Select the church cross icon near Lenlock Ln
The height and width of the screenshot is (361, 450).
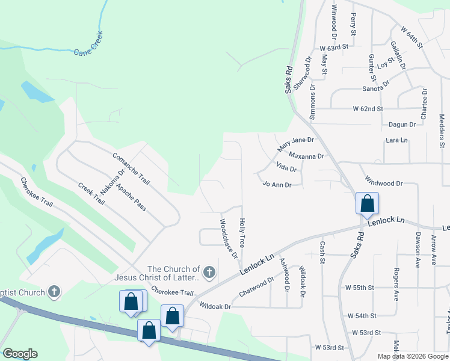coord(209,274)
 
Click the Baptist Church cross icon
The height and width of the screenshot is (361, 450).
coord(54,293)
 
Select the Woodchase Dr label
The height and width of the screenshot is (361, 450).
coord(228,239)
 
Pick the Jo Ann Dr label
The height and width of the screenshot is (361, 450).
coord(277,185)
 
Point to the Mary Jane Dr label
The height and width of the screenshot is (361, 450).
coord(296,144)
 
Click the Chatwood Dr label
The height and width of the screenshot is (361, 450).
coord(257,286)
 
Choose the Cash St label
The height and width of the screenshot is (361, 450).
coord(322,253)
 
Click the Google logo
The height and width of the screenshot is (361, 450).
coord(20,354)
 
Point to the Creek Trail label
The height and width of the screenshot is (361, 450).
coord(91,193)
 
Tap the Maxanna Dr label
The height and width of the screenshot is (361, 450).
coord(306,156)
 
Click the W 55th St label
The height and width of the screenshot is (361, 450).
coord(360,288)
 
